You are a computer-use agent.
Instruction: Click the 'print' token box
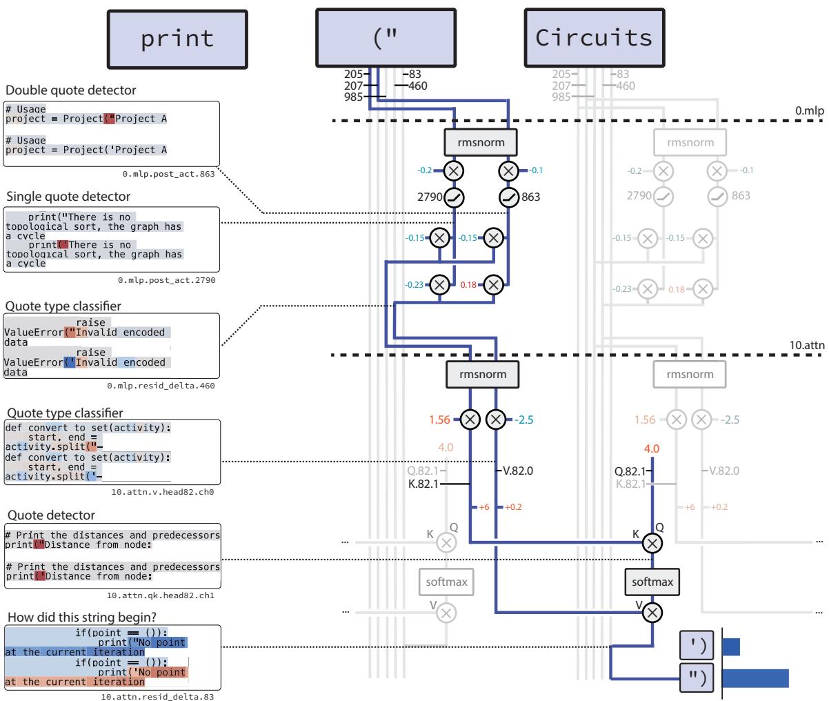click(177, 39)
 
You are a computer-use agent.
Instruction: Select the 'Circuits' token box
click(594, 39)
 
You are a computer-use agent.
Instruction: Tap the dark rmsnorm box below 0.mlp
click(481, 143)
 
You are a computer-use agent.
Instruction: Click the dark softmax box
click(652, 582)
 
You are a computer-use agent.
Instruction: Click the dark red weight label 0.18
click(468, 284)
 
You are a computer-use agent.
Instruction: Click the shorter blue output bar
click(731, 646)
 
